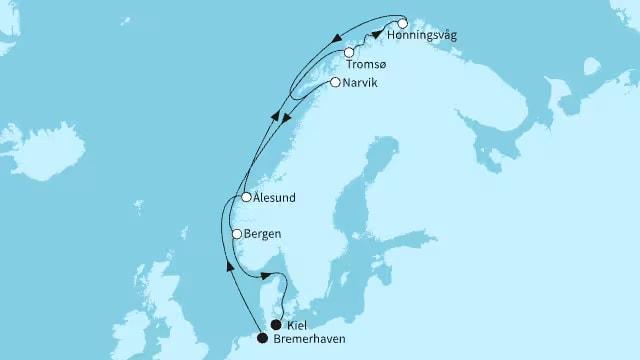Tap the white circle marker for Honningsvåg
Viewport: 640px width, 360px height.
coord(402,22)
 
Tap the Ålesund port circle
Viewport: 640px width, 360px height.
coord(246,198)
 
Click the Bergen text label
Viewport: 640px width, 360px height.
coord(262,234)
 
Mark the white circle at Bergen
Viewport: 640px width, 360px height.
coord(237,234)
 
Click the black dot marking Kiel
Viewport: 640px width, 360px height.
coord(276,324)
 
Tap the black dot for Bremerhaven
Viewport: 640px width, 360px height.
coord(262,338)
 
